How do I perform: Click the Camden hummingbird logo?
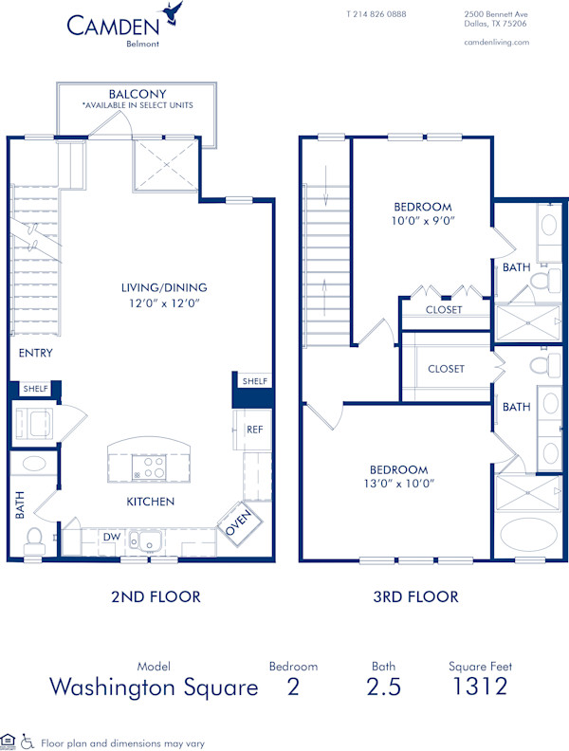173,12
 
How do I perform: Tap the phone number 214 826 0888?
378,15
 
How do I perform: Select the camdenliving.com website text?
496,41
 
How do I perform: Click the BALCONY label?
138,94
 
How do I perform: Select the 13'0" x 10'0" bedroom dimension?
398,483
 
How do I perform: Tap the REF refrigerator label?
254,430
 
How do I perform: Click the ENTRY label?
35,353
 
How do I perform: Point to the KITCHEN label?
151,502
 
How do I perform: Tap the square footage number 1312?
480,687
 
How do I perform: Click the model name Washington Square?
154,687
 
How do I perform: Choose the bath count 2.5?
384,687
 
